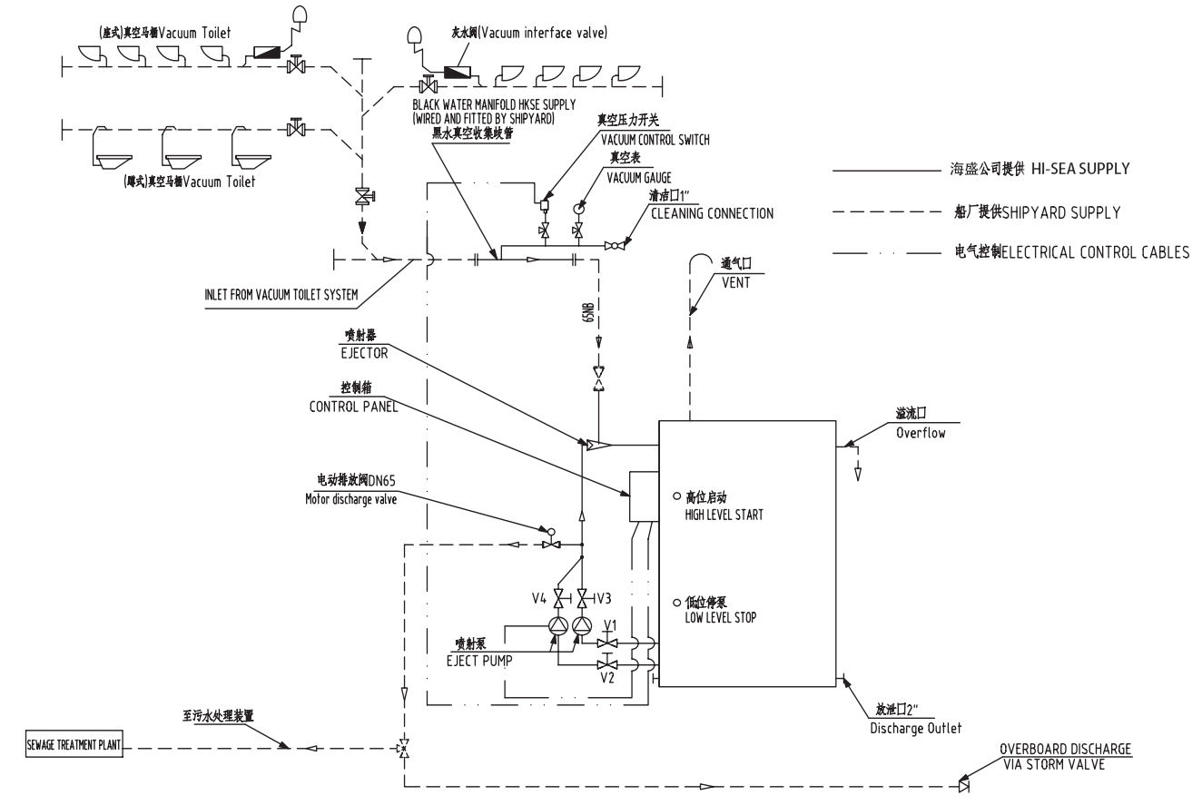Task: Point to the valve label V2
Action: tap(606, 677)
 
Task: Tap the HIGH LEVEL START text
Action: tap(724, 515)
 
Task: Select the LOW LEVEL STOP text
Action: tap(720, 617)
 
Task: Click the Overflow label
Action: tap(921, 433)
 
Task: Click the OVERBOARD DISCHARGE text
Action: tap(1065, 750)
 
